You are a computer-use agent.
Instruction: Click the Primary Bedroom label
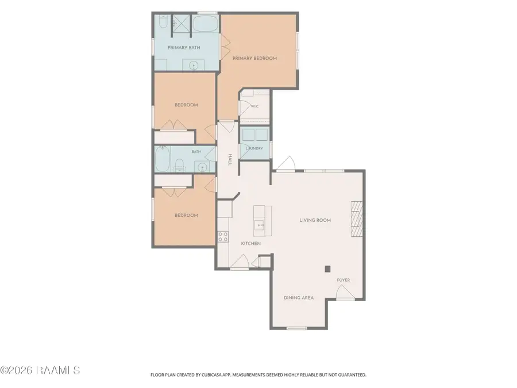pyautogui.click(x=254, y=59)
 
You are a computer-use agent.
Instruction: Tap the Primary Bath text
pyautogui.click(x=184, y=48)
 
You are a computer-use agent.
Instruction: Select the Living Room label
pyautogui.click(x=315, y=220)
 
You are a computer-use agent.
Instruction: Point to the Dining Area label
pyautogui.click(x=299, y=298)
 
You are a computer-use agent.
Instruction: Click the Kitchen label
pyautogui.click(x=251, y=244)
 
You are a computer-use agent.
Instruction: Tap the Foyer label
pyautogui.click(x=344, y=280)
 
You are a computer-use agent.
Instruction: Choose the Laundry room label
pyautogui.click(x=254, y=148)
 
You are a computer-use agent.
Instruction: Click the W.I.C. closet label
pyautogui.click(x=254, y=106)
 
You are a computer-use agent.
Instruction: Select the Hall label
pyautogui.click(x=230, y=160)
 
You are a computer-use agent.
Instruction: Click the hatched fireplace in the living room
pyautogui.click(x=356, y=219)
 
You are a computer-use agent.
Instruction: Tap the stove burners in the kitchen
pyautogui.click(x=223, y=237)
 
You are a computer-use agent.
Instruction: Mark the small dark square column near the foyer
pyautogui.click(x=327, y=269)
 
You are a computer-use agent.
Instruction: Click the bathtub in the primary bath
pyautogui.click(x=205, y=24)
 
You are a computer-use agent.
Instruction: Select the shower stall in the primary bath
pyautogui.click(x=181, y=24)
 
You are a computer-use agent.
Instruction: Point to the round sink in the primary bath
pyautogui.click(x=193, y=66)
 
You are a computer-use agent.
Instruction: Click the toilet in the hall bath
pyautogui.click(x=179, y=165)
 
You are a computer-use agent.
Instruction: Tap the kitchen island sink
pyautogui.click(x=259, y=225)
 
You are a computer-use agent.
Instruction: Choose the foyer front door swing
pyautogui.click(x=345, y=293)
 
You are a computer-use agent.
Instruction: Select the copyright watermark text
pyautogui.click(x=40, y=370)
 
